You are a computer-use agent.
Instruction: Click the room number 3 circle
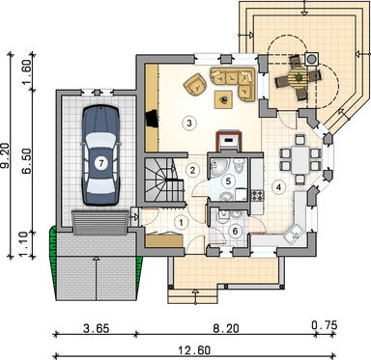(189, 123)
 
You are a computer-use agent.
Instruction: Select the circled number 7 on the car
(101, 163)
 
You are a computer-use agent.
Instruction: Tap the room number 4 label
(278, 187)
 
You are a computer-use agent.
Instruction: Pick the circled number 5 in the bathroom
(228, 180)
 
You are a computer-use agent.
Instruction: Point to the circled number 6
(235, 231)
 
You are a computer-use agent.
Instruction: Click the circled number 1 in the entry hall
(182, 222)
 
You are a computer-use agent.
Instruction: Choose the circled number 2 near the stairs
(192, 170)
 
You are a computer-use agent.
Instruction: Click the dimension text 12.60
(194, 349)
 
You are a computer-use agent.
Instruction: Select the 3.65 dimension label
(96, 329)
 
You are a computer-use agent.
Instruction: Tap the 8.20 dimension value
(226, 329)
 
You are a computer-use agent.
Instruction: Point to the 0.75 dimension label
(325, 325)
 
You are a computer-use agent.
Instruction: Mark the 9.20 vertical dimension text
(6, 155)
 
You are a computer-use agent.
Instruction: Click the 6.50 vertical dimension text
(27, 161)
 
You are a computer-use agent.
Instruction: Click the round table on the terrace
(298, 77)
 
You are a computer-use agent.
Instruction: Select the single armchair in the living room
(195, 85)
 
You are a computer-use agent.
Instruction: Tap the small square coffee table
(224, 98)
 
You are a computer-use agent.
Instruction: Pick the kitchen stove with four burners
(257, 195)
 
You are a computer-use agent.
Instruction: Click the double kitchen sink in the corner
(295, 235)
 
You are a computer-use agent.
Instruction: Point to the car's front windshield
(100, 140)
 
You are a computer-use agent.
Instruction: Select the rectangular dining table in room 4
(300, 157)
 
